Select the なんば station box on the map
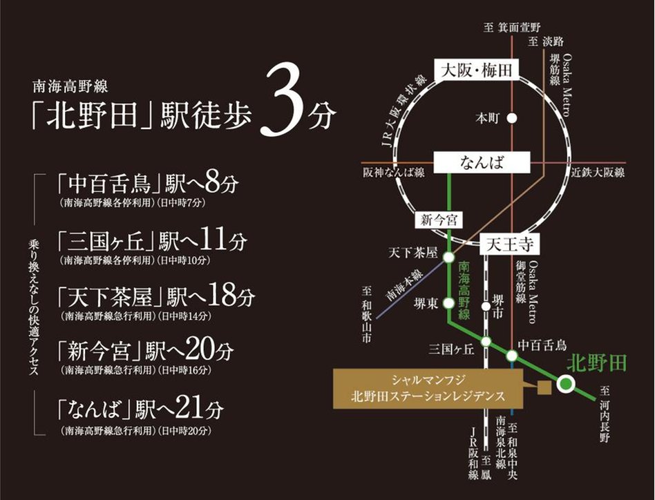(482, 163)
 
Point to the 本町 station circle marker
(512, 118)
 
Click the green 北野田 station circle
(567, 385)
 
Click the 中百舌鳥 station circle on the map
(512, 356)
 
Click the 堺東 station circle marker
(448, 302)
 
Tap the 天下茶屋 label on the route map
(415, 253)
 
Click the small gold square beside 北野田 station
(544, 388)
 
